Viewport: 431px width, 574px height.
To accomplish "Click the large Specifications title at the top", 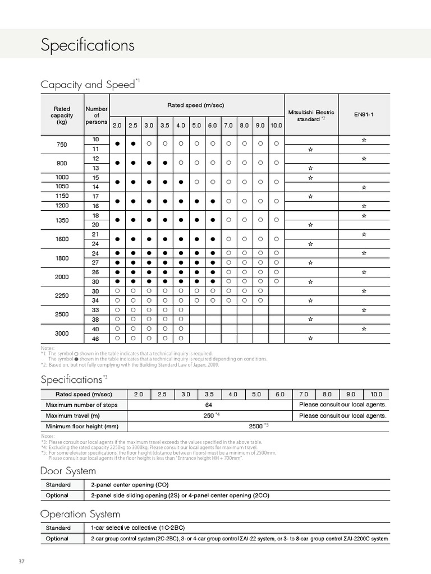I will (88, 45).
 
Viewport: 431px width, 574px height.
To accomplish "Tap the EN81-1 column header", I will (364, 114).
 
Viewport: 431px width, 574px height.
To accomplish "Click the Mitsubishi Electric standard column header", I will (311, 115).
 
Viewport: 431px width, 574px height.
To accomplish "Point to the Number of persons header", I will (97, 115).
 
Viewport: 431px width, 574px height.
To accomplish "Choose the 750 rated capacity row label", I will (62, 145).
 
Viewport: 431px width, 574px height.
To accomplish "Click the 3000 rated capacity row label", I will (62, 333).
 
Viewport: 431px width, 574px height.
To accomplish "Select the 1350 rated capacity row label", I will (62, 220).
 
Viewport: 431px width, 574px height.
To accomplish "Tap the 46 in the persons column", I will (96, 339).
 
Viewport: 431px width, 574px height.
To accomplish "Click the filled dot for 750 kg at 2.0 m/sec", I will (117, 144).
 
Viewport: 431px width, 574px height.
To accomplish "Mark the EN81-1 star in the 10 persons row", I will (364, 139).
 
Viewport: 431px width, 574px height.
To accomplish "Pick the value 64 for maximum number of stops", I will (209, 405).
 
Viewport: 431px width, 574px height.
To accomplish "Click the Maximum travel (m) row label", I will (73, 415).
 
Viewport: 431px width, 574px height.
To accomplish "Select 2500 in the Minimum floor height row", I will (256, 426).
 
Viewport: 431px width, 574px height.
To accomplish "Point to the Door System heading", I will (68, 471).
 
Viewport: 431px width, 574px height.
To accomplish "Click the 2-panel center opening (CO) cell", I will (130, 484).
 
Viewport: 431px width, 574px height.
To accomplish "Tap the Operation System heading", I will (80, 514).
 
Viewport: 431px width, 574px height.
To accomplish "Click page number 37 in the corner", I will (22, 562).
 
